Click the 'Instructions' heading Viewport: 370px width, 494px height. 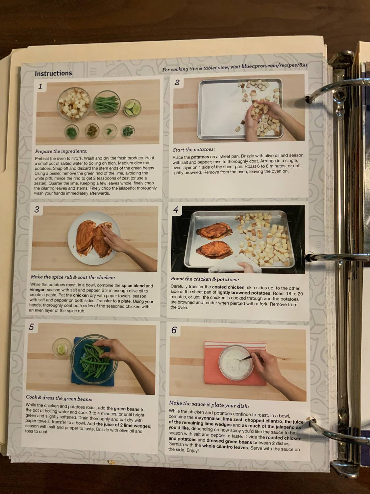[53, 73]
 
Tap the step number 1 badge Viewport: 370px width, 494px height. [40, 87]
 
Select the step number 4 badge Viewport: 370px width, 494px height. [176, 210]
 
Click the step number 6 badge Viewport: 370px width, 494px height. [174, 330]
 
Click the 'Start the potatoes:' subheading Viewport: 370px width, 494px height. [194, 150]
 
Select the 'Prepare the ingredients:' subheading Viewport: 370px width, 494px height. [61, 151]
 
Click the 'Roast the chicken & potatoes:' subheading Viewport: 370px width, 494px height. [205, 279]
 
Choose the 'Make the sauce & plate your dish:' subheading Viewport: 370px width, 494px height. [209, 404]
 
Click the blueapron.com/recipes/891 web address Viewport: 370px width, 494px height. [274, 66]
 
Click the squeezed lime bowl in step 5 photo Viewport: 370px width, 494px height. [62, 347]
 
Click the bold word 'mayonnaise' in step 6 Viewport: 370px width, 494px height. [207, 418]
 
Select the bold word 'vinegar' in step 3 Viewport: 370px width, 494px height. [37, 291]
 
